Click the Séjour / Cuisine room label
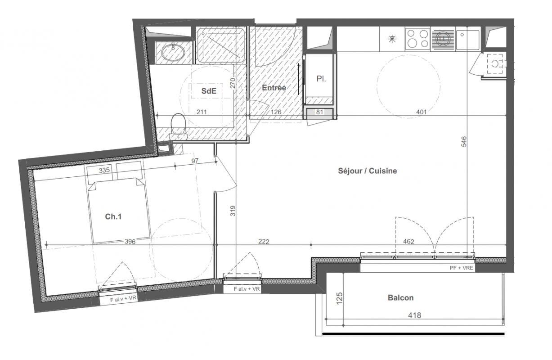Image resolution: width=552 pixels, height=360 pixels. [x=368, y=171]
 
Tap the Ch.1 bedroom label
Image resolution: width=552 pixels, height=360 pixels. [x=113, y=216]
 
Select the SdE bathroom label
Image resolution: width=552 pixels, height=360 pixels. [x=209, y=91]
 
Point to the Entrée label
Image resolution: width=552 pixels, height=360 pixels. [x=274, y=88]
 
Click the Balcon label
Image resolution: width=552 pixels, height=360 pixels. [x=401, y=297]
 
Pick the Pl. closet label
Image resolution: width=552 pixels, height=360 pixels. [x=321, y=79]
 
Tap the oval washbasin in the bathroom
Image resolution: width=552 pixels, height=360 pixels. [x=173, y=52]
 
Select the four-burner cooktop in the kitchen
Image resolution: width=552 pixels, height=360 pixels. [x=417, y=39]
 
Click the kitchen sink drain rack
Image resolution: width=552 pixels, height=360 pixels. [x=443, y=39]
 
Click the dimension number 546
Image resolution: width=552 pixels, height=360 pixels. [x=463, y=142]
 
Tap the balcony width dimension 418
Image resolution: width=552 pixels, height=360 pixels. [x=414, y=315]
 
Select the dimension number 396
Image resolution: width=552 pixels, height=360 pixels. [x=130, y=241]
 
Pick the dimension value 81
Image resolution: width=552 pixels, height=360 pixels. [x=319, y=112]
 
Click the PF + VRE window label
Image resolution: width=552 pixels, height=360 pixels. [x=461, y=268]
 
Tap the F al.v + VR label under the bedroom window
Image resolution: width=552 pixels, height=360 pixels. [x=123, y=299]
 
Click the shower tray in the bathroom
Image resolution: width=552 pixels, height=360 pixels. [x=220, y=45]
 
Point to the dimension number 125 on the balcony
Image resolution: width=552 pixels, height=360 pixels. [x=339, y=298]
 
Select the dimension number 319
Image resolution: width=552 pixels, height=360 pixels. [x=233, y=211]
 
